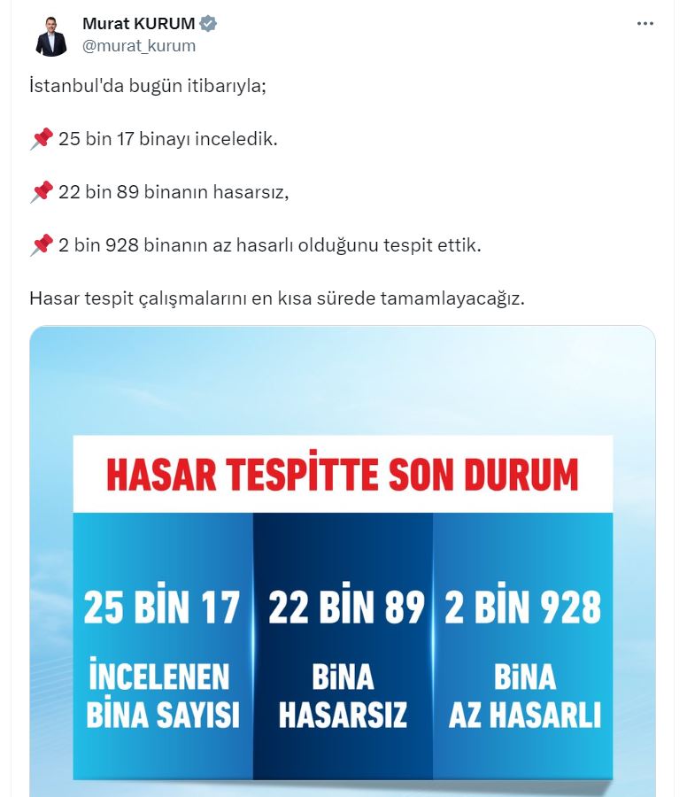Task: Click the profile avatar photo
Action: click(x=51, y=36)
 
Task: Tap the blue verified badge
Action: click(x=209, y=24)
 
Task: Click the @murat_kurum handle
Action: click(x=139, y=45)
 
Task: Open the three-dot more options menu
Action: click(x=645, y=24)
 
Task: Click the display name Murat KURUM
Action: click(x=139, y=24)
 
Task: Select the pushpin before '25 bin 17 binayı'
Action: click(x=42, y=139)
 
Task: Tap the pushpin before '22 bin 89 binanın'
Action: click(x=42, y=191)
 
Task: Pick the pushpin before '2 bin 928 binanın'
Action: click(x=42, y=244)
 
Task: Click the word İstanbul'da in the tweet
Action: click(x=72, y=87)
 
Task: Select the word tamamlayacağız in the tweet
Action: click(x=452, y=298)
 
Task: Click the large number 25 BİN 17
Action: click(x=162, y=608)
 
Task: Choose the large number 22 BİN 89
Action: click(x=346, y=608)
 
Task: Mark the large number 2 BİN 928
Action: click(x=523, y=608)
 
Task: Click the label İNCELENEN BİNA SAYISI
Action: click(x=162, y=696)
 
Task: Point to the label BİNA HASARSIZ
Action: click(x=343, y=696)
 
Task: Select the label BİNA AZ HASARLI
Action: click(x=524, y=696)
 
